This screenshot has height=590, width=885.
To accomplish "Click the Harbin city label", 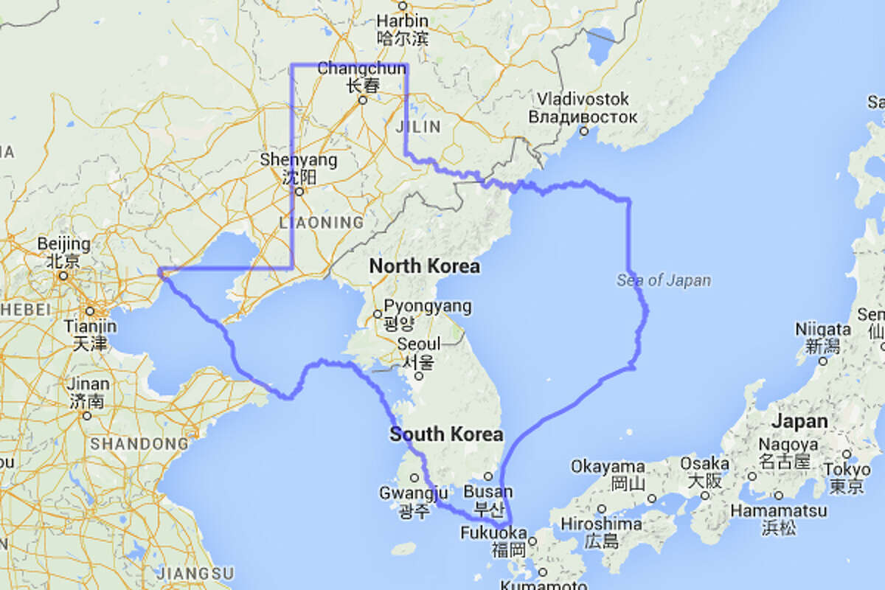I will pos(402,21).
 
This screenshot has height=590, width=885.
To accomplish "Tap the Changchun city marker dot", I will pos(362,100).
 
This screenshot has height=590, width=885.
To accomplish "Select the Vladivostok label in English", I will pos(583,99).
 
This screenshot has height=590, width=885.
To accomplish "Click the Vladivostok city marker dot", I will pos(583,131).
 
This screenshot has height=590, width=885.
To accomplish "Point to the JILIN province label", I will pos(419,127).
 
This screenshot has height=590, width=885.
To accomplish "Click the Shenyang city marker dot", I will pos(300,192).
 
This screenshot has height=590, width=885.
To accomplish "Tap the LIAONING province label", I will pos(322,222).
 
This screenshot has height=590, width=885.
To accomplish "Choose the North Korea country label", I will pos(424,266).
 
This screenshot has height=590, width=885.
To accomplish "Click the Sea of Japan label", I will pos(664,280).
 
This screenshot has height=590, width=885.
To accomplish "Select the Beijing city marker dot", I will pos(63,276).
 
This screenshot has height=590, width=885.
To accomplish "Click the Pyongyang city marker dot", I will pos(378,314).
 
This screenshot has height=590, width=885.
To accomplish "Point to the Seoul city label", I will pos(418,344).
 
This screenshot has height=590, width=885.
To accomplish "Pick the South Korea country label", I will pos(446,434).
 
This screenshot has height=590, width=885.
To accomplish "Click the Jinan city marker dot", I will pos(88,415).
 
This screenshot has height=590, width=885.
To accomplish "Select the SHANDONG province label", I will pos(139,444).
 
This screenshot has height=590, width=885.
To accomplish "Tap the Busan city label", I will pos(488,491).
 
